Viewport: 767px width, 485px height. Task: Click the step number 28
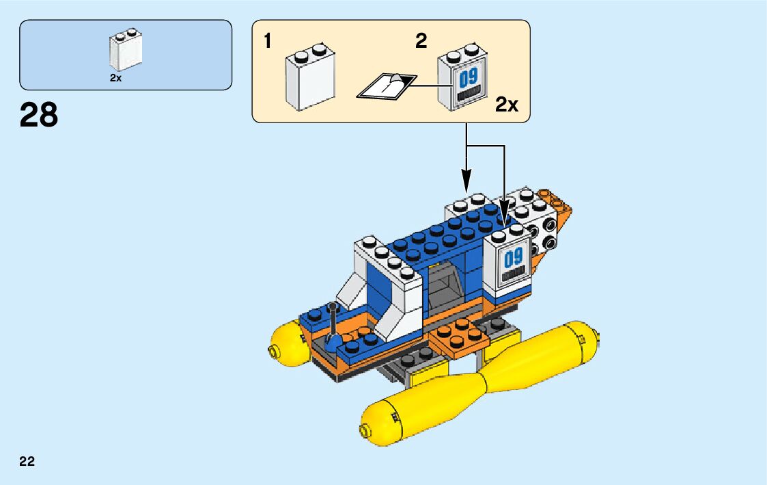pos(39,115)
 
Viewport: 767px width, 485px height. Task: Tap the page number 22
pos(27,461)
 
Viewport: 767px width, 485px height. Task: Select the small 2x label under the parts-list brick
pos(115,78)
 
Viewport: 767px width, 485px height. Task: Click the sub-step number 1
pos(268,42)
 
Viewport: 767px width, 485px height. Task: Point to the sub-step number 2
pos(421,41)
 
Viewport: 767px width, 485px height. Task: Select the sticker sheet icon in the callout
pos(386,86)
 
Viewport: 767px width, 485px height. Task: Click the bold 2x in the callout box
pos(507,105)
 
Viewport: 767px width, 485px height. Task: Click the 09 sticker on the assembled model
pos(513,263)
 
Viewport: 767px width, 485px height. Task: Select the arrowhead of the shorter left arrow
pos(466,184)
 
